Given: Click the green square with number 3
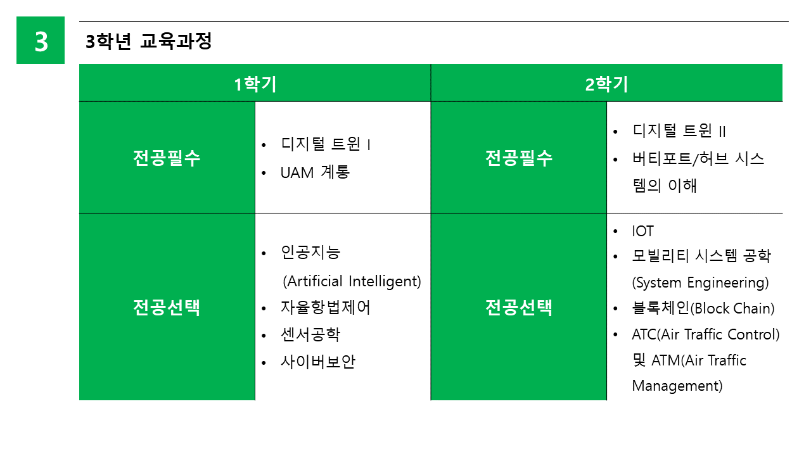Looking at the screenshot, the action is coord(41,40).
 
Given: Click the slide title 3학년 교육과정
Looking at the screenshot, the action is coord(148,41).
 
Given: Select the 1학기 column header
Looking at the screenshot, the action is coord(255,84).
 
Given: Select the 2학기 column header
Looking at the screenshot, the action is coord(606,84).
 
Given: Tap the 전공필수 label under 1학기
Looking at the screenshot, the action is coord(167,158).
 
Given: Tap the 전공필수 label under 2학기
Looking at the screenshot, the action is coord(519,158).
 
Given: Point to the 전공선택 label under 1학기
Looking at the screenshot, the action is coord(167,308).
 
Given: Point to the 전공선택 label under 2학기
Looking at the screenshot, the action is coord(519,308).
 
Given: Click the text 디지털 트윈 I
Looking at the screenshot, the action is coord(326,144).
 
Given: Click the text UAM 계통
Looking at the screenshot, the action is coord(315,172).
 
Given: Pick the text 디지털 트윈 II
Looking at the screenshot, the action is coord(679,130).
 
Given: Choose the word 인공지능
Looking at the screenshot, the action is coord(310,252).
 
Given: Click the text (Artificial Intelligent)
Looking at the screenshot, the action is coord(352,281).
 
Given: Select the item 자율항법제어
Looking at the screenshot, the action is coord(326,308).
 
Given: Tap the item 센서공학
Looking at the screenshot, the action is coord(310,334).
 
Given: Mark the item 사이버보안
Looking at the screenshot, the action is coord(318,362).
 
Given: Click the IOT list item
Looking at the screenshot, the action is coord(642,231).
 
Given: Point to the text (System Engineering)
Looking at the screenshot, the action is coord(700,282).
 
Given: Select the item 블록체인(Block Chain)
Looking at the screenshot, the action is coord(703,308).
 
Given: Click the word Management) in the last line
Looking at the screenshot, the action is coord(677,386).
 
